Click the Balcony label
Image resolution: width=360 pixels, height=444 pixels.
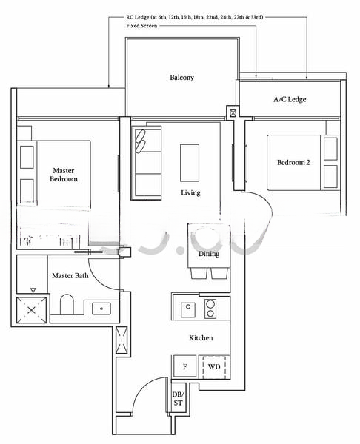181,78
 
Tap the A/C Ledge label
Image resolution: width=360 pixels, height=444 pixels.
290,99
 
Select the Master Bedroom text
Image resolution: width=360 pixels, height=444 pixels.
64,174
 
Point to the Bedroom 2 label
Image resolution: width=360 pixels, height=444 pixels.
293,163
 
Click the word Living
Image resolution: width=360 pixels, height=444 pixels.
190,193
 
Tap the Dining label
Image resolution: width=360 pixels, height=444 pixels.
209,254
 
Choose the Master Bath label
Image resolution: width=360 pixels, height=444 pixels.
70,275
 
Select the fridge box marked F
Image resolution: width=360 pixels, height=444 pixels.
184,366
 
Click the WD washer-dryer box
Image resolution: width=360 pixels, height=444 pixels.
213,366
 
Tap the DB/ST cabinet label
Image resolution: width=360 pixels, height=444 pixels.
178,400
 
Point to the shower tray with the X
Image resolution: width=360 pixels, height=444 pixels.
31,309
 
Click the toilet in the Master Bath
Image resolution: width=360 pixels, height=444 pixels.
67,306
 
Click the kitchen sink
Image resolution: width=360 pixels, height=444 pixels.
188,309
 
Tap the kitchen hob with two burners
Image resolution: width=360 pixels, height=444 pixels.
210,309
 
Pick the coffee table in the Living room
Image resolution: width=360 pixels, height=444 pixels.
190,161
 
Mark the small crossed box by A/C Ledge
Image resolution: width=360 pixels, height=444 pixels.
234,113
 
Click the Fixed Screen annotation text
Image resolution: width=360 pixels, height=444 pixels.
145,26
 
